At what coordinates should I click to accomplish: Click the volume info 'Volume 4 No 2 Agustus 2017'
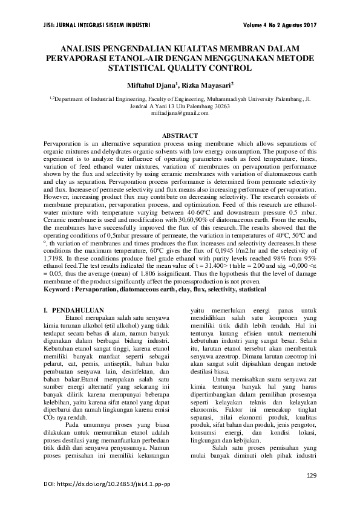coord(280,25)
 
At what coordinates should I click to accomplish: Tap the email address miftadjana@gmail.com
coord(180,113)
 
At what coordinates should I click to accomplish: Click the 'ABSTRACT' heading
coord(180,135)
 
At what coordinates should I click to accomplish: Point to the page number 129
coord(312,475)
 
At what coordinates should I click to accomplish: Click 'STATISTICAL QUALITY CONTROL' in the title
coord(180,68)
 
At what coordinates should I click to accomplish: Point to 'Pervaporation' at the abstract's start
coord(63,143)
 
